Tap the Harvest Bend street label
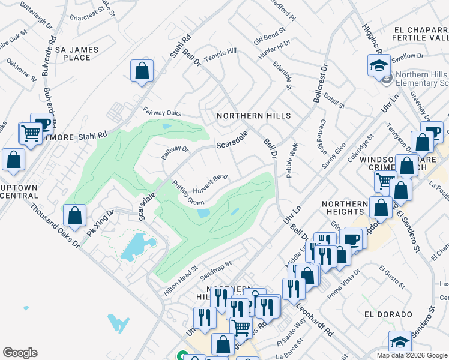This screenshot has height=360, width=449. pyautogui.click(x=211, y=184)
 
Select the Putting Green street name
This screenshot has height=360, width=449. pyautogui.click(x=188, y=193)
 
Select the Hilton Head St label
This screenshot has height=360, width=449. pyautogui.click(x=181, y=281)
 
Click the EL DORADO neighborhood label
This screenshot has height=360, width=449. pyautogui.click(x=388, y=314)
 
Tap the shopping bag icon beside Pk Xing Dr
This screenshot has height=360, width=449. pyautogui.click(x=75, y=216)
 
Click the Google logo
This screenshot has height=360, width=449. pyautogui.click(x=20, y=353)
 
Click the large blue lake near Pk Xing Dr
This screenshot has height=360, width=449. pyautogui.click(x=138, y=247)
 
